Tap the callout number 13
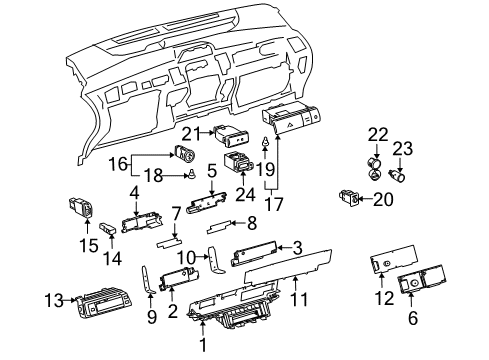(x=49, y=297)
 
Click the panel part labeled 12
(x=380, y=264)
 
